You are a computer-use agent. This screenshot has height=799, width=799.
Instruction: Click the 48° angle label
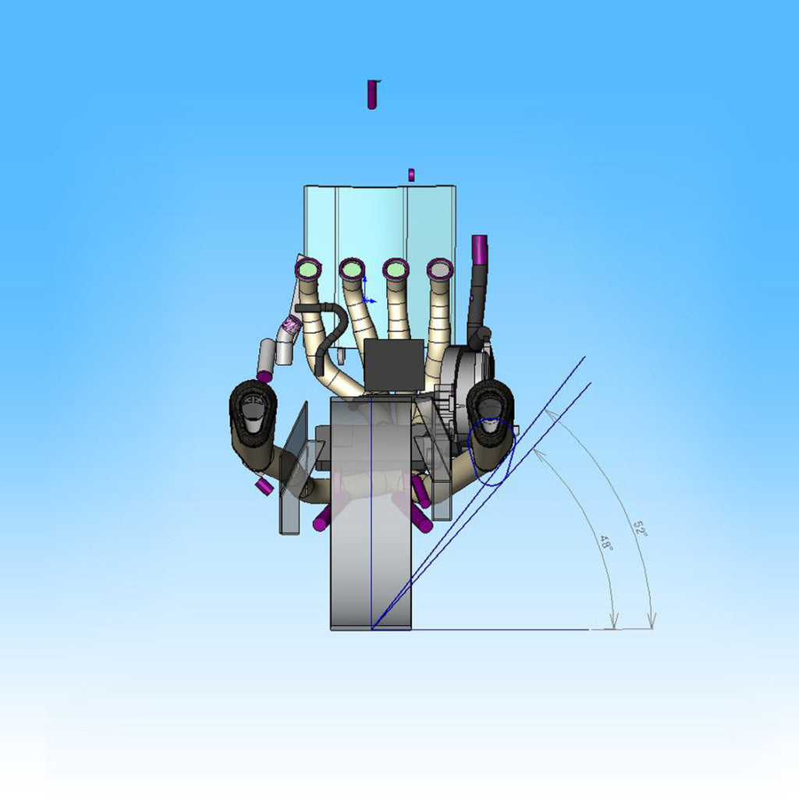click(x=605, y=543)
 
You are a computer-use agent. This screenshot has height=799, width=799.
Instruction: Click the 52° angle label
click(x=640, y=528)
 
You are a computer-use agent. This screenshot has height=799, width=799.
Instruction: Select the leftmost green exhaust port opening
click(x=307, y=268)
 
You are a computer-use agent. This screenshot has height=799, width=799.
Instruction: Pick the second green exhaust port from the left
click(x=351, y=268)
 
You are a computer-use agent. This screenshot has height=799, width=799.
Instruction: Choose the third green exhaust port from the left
click(x=395, y=268)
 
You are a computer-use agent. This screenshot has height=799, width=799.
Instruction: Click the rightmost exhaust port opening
click(x=440, y=268)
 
